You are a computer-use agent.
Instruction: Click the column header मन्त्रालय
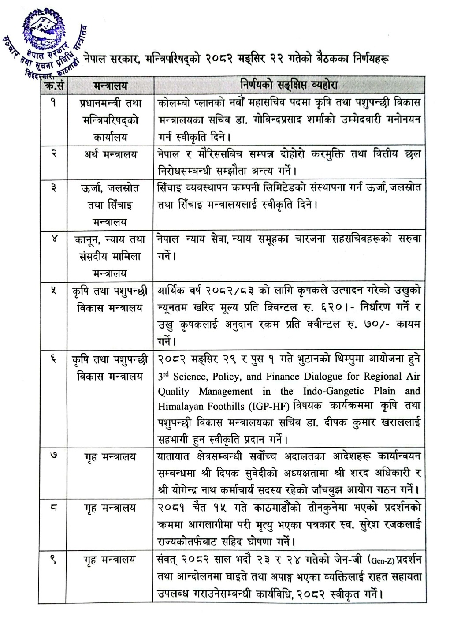[110, 85]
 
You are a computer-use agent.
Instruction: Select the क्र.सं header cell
[52, 85]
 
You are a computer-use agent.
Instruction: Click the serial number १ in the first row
[52, 104]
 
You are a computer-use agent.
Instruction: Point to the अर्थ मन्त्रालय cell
[110, 155]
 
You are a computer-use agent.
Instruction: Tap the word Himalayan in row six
[178, 406]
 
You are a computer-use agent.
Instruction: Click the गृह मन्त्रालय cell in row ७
[110, 457]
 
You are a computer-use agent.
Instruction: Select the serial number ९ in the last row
[52, 560]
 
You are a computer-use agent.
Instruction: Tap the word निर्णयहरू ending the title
[366, 59]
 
